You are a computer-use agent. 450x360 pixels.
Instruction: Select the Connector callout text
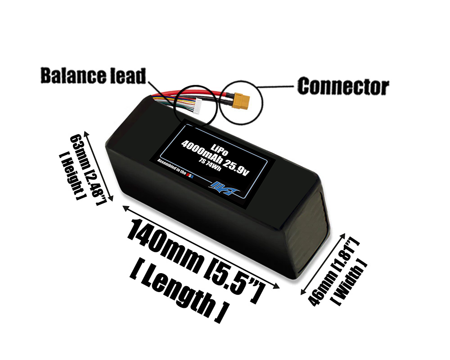pyautogui.click(x=343, y=85)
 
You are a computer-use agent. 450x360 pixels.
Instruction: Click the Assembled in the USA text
pyautogui.click(x=175, y=169)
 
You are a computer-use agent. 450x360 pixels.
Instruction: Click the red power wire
pyautogui.click(x=211, y=94)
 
